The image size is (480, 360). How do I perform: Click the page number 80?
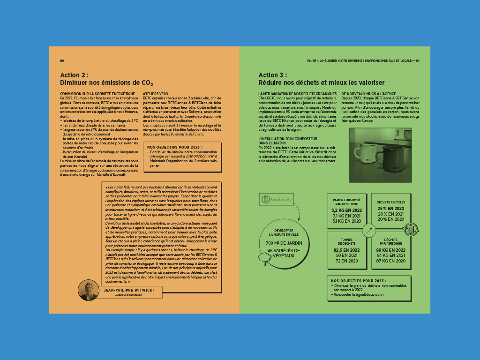pyautogui.click(x=61, y=60)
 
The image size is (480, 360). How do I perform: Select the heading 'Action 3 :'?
pyautogui.click(x=272, y=75)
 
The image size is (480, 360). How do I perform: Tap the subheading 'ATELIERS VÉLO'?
pyautogui.click(x=155, y=94)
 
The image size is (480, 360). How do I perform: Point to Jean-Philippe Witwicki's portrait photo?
pyautogui.click(x=88, y=291)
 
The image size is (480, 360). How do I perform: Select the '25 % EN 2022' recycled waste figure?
pyautogui.click(x=391, y=209)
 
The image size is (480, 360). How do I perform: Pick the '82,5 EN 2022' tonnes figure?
pyautogui.click(x=346, y=250)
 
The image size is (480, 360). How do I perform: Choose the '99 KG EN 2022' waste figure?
pyautogui.click(x=390, y=250)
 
